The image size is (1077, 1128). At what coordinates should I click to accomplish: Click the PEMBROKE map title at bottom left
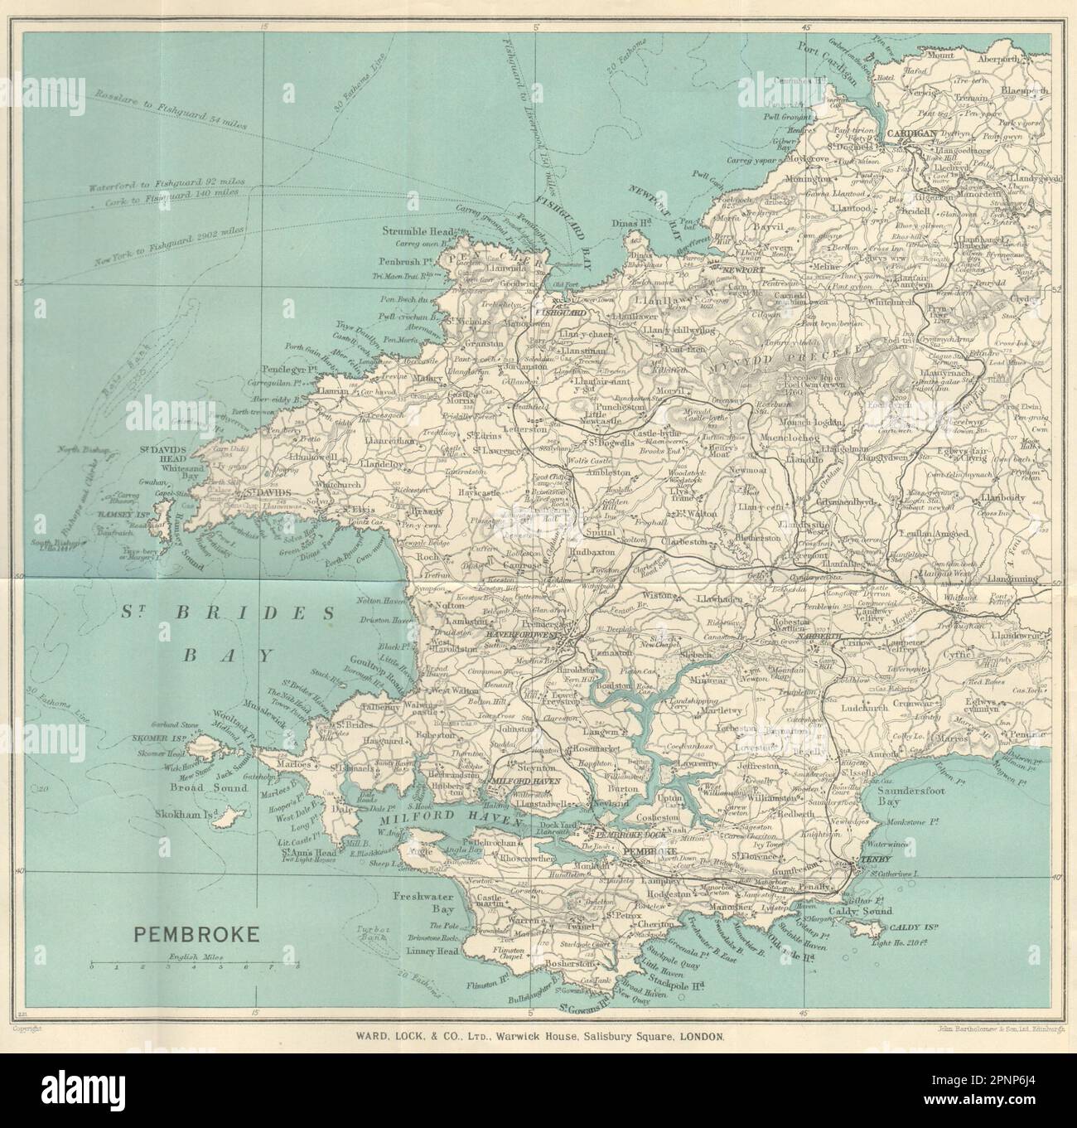pyautogui.click(x=196, y=936)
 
